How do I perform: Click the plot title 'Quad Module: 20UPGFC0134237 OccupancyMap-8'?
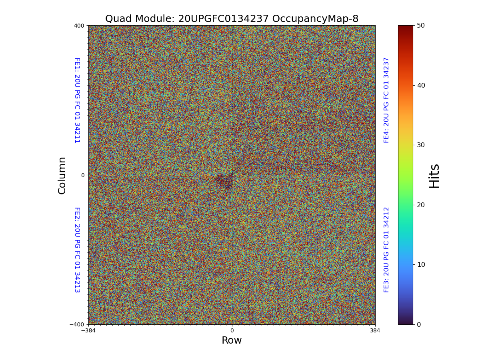click(232, 19)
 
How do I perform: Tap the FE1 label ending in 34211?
click(77, 100)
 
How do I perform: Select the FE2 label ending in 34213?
click(77, 250)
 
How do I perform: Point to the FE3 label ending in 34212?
click(386, 250)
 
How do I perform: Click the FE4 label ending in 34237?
click(386, 100)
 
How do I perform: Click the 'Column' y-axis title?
click(62, 175)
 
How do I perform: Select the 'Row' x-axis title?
click(232, 340)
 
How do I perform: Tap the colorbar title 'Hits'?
click(434, 176)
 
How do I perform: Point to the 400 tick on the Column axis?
click(79, 26)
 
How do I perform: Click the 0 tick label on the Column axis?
click(83, 175)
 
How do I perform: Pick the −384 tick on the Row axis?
click(88, 330)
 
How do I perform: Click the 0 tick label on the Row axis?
click(232, 330)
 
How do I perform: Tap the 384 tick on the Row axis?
click(375, 330)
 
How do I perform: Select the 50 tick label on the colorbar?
click(421, 25)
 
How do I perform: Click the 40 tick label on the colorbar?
click(421, 85)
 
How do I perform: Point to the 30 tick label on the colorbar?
click(421, 145)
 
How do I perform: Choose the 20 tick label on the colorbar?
click(421, 205)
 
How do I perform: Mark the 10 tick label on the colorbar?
click(421, 264)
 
